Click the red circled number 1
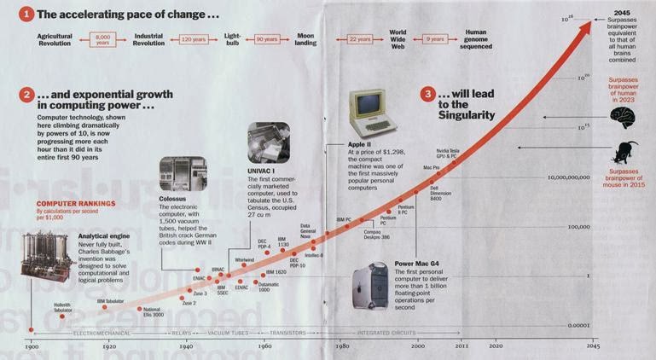pyautogui.click(x=28, y=14)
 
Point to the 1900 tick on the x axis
pyautogui.click(x=32, y=346)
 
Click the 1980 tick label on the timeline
pyautogui.click(x=341, y=346)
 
